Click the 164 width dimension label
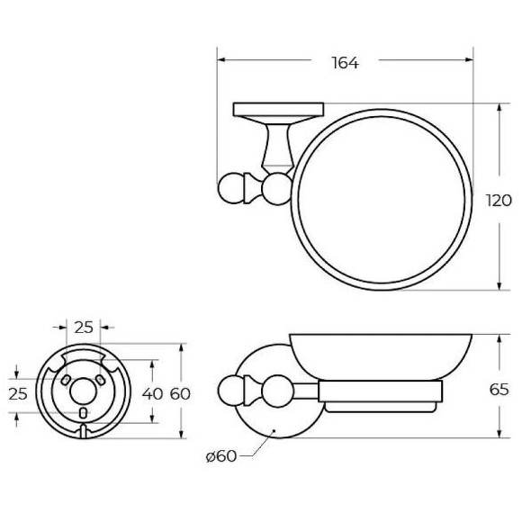tap(345, 62)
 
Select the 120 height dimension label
tap(500, 200)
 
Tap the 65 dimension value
tap(499, 390)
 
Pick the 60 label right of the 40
tap(181, 392)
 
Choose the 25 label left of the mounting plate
tap(18, 392)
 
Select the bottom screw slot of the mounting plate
tap(83, 413)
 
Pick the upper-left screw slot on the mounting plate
tap(66, 382)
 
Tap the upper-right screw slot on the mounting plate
tap(100, 382)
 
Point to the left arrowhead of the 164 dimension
tap(220, 61)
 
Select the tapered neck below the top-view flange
tap(273, 146)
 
